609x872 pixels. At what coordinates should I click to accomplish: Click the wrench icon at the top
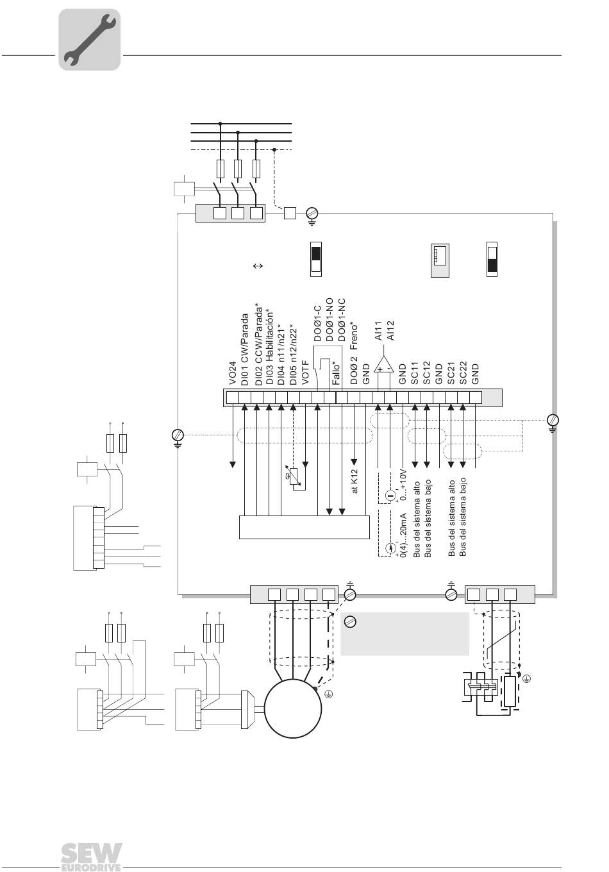pos(89,39)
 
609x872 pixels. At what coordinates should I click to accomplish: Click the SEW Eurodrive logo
pos(91,857)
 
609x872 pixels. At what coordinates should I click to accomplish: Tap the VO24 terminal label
pos(233,373)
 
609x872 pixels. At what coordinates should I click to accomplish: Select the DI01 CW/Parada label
pos(244,349)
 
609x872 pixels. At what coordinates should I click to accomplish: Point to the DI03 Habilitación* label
pos(269,348)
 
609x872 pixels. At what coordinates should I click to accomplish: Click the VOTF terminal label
pos(306,373)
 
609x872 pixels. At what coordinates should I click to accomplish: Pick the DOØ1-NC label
pos(341,321)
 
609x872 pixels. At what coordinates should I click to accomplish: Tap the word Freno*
pos(354,335)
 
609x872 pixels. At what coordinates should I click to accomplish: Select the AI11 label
pos(378,331)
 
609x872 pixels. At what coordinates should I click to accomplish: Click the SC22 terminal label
pos(463,373)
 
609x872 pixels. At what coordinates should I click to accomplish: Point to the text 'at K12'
pos(355,481)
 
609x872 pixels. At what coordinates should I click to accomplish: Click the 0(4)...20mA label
pos(403,535)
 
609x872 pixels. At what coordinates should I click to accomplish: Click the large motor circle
pos(293,708)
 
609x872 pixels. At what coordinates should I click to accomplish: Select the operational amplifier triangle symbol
pos(384,364)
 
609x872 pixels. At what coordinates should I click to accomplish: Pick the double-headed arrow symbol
pos(258,266)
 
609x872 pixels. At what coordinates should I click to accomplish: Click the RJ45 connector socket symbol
pos(440,260)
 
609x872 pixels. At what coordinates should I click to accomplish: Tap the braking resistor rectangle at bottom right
pos(510,691)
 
